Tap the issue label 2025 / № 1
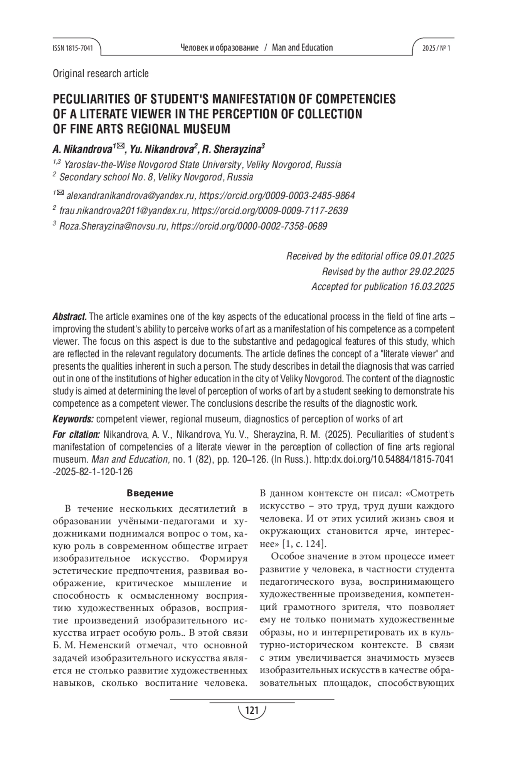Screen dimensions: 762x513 436,48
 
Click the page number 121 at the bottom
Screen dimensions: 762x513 252,711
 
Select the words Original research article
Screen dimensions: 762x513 100,74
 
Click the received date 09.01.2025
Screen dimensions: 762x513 432,256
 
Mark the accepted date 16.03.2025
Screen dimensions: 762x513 432,286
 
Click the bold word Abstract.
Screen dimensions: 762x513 70,317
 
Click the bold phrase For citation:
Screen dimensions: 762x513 76,435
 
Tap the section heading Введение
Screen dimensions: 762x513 150,493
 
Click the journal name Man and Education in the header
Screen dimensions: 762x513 302,48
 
